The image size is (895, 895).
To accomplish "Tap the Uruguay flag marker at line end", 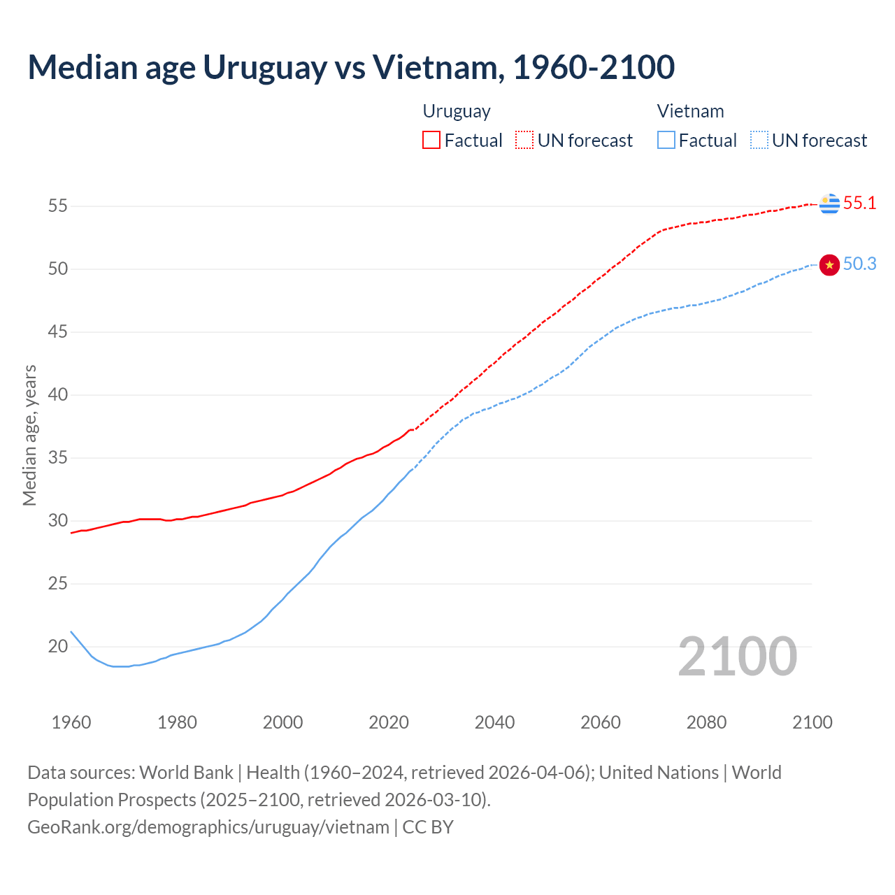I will click(829, 203).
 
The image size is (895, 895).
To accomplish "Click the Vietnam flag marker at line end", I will click(829, 264).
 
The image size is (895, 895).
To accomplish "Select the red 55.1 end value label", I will click(859, 203).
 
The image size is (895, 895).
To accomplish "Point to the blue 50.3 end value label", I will click(859, 264).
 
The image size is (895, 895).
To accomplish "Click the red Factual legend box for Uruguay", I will click(431, 141).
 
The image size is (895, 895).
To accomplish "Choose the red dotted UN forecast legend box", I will click(524, 141).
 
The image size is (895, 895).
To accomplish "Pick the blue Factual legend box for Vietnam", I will click(666, 141).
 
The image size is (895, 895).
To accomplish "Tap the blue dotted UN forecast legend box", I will click(759, 141).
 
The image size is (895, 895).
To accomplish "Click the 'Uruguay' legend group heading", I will click(457, 111).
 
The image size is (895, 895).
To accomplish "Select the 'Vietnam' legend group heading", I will click(690, 111).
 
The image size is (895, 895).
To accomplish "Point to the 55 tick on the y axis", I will click(58, 206).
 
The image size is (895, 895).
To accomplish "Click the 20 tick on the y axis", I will click(58, 647).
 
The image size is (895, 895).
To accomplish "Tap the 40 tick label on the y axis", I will click(58, 395).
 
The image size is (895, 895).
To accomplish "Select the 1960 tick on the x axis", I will click(71, 722).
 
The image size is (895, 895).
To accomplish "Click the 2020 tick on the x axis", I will click(389, 722).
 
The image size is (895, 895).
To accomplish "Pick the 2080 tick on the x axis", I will click(706, 722).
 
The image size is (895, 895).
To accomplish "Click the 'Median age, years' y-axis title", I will click(29, 435).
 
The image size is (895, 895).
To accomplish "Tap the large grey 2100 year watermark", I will click(738, 657).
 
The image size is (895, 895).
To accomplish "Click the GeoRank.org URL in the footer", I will click(208, 827).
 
